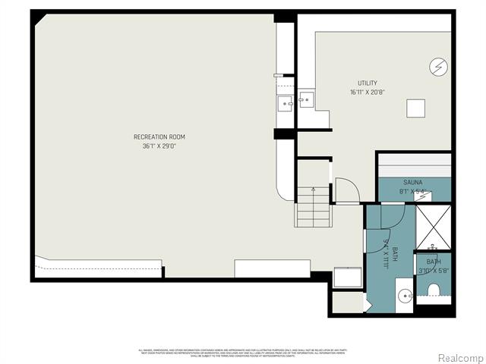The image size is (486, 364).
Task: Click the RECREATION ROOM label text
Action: pos(159,136)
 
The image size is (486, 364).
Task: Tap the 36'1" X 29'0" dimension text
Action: pos(159,146)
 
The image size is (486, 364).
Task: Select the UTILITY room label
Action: pos(368,83)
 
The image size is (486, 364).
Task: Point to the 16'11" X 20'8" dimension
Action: pos(368,92)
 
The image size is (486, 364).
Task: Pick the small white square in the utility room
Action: pos(415,108)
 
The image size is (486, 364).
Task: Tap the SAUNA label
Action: pos(413,183)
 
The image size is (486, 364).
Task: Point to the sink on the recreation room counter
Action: pos(286,103)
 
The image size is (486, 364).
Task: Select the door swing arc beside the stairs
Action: pos(346,190)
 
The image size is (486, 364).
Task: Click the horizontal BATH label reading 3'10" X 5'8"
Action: pos(434,265)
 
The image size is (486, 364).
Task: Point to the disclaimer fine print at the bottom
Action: pos(243,353)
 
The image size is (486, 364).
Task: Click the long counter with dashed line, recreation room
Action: pos(99,267)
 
